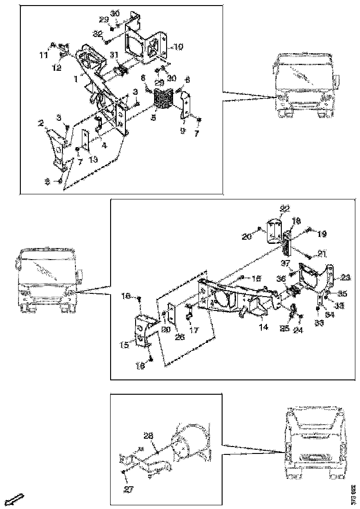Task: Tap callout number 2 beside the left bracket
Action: (x=41, y=124)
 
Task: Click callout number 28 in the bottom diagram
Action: (x=148, y=435)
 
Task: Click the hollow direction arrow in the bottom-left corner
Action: (x=14, y=499)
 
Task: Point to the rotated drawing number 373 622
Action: (x=353, y=493)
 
